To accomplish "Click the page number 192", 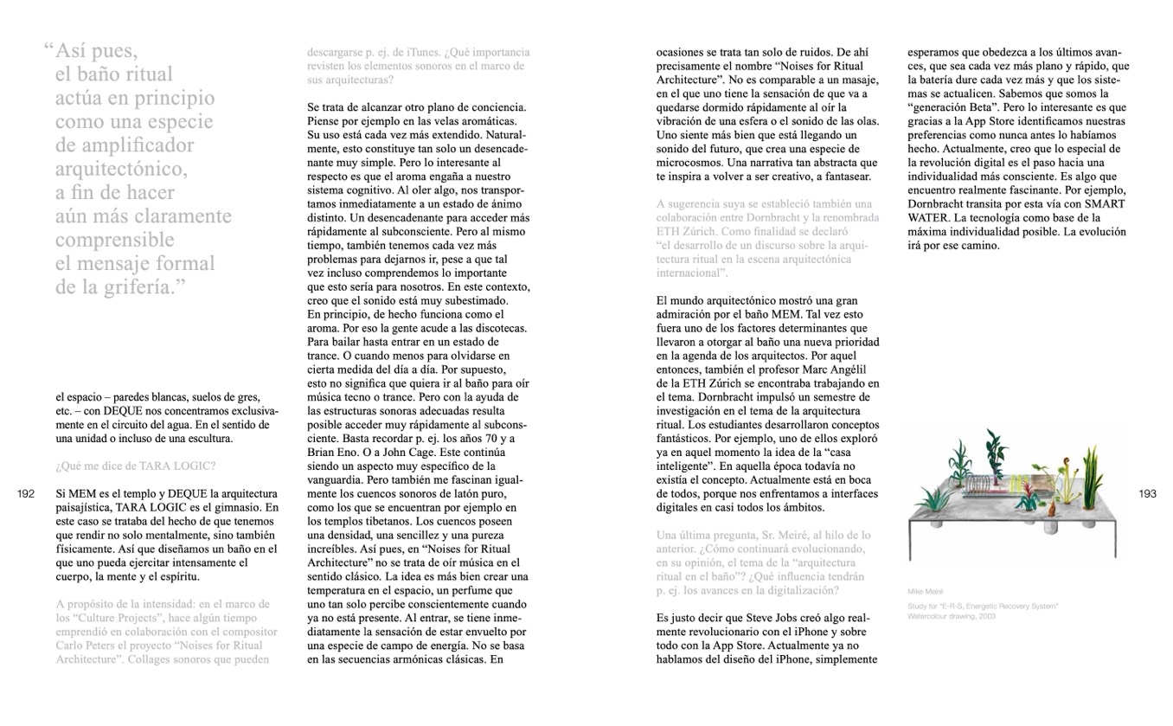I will (26, 494).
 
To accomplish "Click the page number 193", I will (1147, 494).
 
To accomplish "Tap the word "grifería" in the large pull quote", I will (128, 286).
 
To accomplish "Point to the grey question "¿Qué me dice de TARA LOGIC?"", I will (135, 466).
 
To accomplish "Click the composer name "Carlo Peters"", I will (89, 646).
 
